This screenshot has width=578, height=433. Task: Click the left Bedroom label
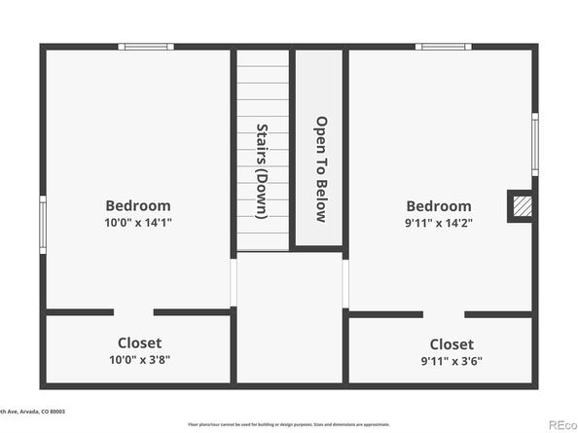click(138, 205)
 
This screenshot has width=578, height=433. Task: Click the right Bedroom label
click(439, 206)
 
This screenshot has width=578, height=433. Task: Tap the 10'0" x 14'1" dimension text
click(138, 222)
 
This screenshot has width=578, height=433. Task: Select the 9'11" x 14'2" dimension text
click(439, 223)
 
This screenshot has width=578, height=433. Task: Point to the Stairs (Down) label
click(262, 170)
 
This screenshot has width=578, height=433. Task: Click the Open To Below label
click(319, 170)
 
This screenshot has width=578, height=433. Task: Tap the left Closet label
click(139, 343)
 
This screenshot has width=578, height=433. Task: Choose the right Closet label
click(452, 343)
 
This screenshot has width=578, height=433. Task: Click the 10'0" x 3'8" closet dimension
click(139, 359)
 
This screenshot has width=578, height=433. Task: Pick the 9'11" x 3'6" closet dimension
click(452, 360)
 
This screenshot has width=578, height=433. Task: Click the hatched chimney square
click(522, 206)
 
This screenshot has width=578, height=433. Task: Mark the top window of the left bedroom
click(146, 46)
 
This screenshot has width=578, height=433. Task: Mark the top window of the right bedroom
click(443, 46)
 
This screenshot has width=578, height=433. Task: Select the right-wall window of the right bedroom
click(534, 144)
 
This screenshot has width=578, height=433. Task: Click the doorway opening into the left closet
click(133, 312)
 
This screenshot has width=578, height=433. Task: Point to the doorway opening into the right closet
click(444, 314)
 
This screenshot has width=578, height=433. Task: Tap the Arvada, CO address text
click(33, 412)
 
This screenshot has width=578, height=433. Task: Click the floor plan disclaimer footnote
click(289, 424)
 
